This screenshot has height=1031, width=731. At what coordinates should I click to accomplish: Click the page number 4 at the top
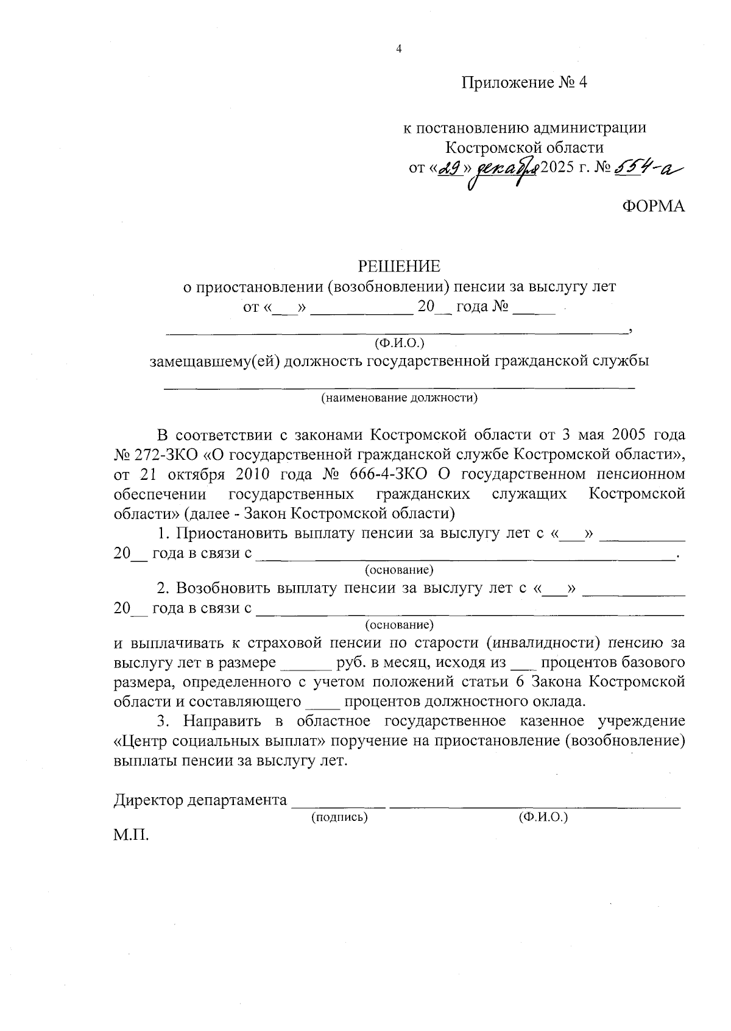tap(399, 49)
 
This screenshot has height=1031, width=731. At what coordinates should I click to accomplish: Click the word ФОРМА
tap(653, 206)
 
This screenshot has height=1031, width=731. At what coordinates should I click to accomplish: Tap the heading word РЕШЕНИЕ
tap(399, 266)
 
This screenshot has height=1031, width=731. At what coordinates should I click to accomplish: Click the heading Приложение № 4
tap(524, 83)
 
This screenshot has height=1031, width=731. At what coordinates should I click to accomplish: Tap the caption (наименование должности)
tap(400, 398)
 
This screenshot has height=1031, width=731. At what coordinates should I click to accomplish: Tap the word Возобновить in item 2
tap(224, 589)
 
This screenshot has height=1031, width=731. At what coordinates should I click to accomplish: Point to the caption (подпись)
tap(339, 817)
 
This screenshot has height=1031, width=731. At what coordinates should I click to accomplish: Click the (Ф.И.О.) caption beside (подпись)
tap(543, 817)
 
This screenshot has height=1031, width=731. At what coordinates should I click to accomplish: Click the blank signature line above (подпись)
tap(339, 806)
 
